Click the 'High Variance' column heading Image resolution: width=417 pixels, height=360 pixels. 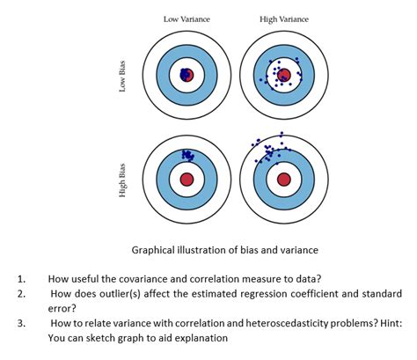coord(283,18)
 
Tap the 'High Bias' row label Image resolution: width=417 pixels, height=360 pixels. coord(122,180)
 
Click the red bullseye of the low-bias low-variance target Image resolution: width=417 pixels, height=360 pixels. coord(186,76)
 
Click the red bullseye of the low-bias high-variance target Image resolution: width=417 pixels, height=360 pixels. coord(283,77)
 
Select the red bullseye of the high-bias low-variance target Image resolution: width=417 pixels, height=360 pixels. coord(186,179)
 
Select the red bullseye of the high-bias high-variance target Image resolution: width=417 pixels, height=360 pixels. coord(283,179)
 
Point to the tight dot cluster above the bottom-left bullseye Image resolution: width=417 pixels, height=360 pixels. coord(187,155)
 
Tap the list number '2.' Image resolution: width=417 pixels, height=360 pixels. coord(21,293)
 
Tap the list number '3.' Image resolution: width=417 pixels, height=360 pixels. coord(21,323)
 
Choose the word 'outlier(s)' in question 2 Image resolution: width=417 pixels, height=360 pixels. coord(132,293)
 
